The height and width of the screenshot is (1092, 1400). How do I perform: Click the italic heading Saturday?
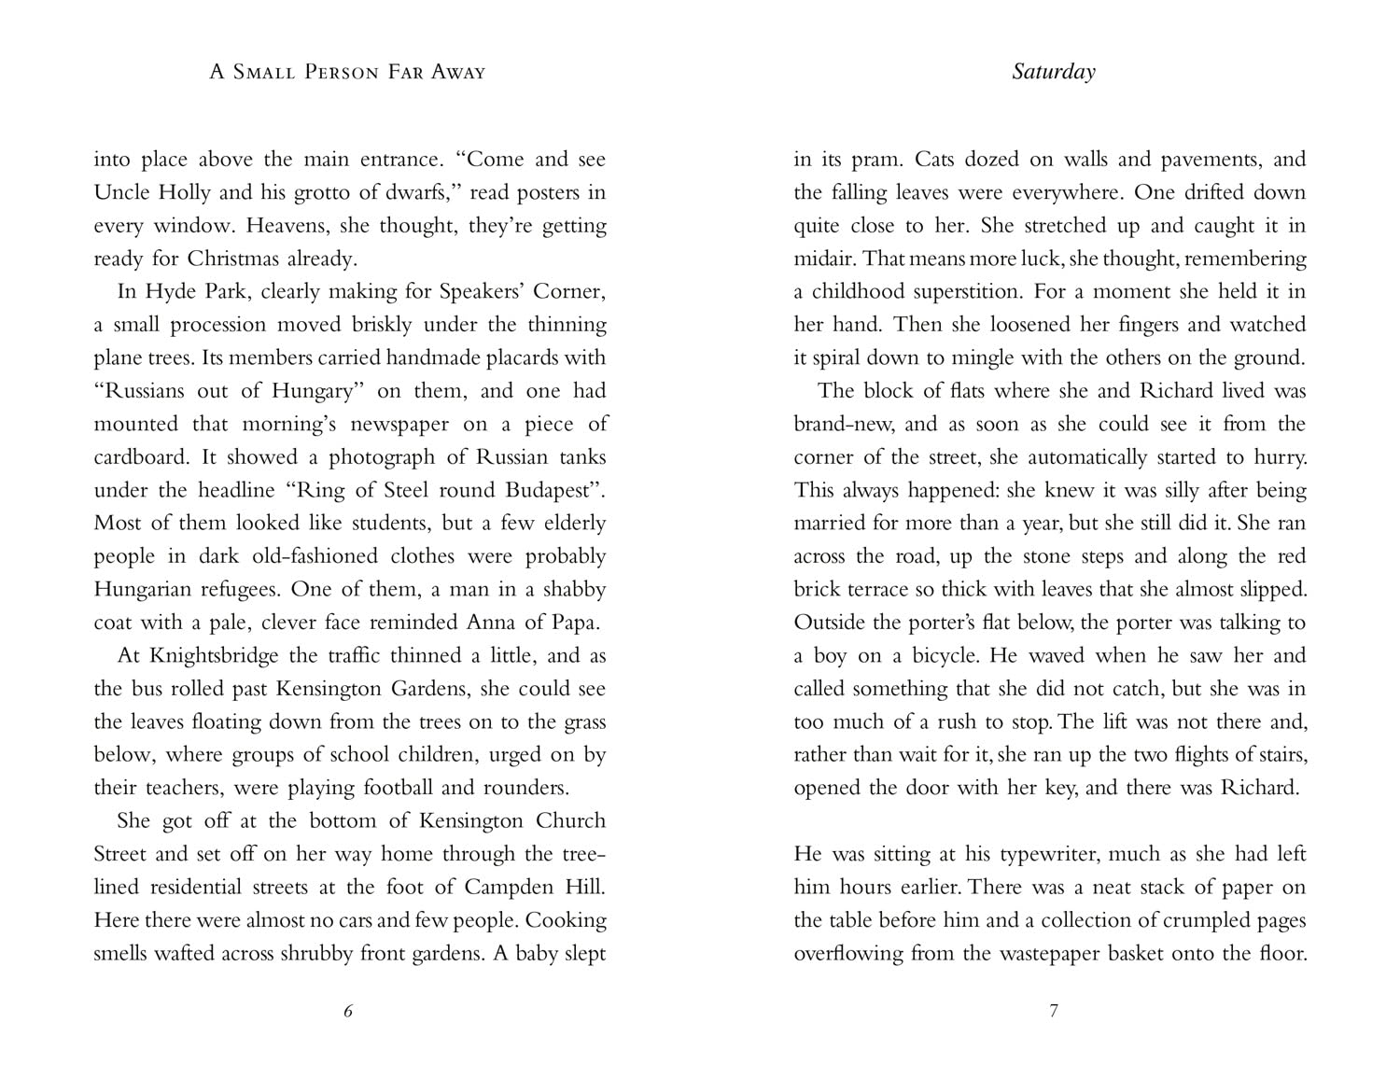(1053, 72)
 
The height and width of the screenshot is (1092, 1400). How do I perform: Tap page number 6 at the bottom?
(348, 1011)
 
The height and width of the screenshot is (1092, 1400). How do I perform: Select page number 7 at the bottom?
(1054, 1011)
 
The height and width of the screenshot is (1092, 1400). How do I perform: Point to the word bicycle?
(936, 655)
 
